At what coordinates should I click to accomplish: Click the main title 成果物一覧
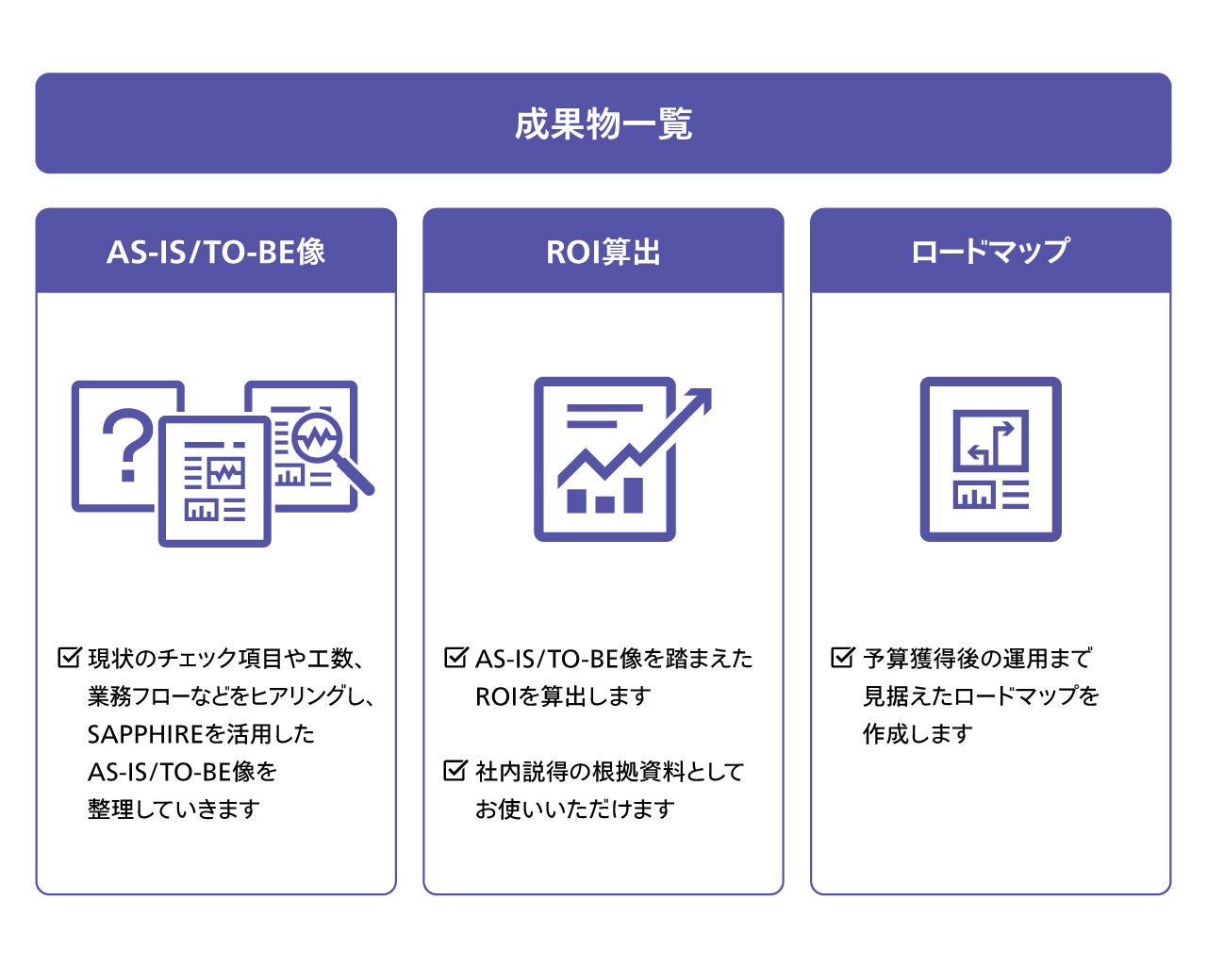click(x=603, y=123)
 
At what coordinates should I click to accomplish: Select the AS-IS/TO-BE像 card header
click(x=216, y=252)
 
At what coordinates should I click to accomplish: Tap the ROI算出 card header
click(x=603, y=252)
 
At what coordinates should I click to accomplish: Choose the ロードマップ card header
click(x=990, y=252)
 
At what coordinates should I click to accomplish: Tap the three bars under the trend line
click(x=604, y=497)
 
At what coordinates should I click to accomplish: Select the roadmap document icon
click(x=990, y=459)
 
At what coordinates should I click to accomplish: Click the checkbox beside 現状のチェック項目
click(x=69, y=657)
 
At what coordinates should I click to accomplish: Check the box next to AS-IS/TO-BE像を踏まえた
click(x=455, y=657)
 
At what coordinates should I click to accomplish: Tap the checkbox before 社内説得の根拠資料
click(x=455, y=770)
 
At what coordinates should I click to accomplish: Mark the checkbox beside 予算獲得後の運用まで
click(x=842, y=657)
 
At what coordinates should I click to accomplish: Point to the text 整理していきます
click(x=174, y=810)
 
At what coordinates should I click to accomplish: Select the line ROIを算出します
click(x=563, y=696)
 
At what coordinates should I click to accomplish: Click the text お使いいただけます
click(x=575, y=810)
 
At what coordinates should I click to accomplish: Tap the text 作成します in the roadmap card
click(x=918, y=734)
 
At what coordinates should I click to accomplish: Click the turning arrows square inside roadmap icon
click(x=990, y=441)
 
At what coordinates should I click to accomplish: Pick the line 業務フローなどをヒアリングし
click(x=231, y=696)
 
